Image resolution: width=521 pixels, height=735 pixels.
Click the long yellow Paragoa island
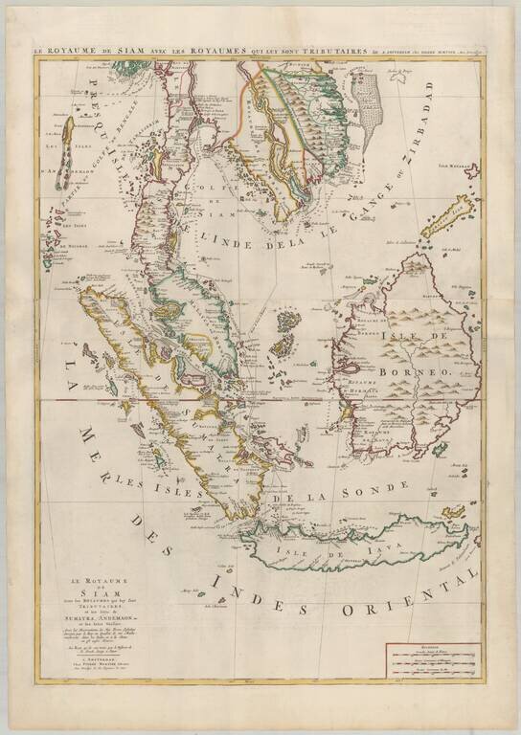pyautogui.click(x=449, y=216)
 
